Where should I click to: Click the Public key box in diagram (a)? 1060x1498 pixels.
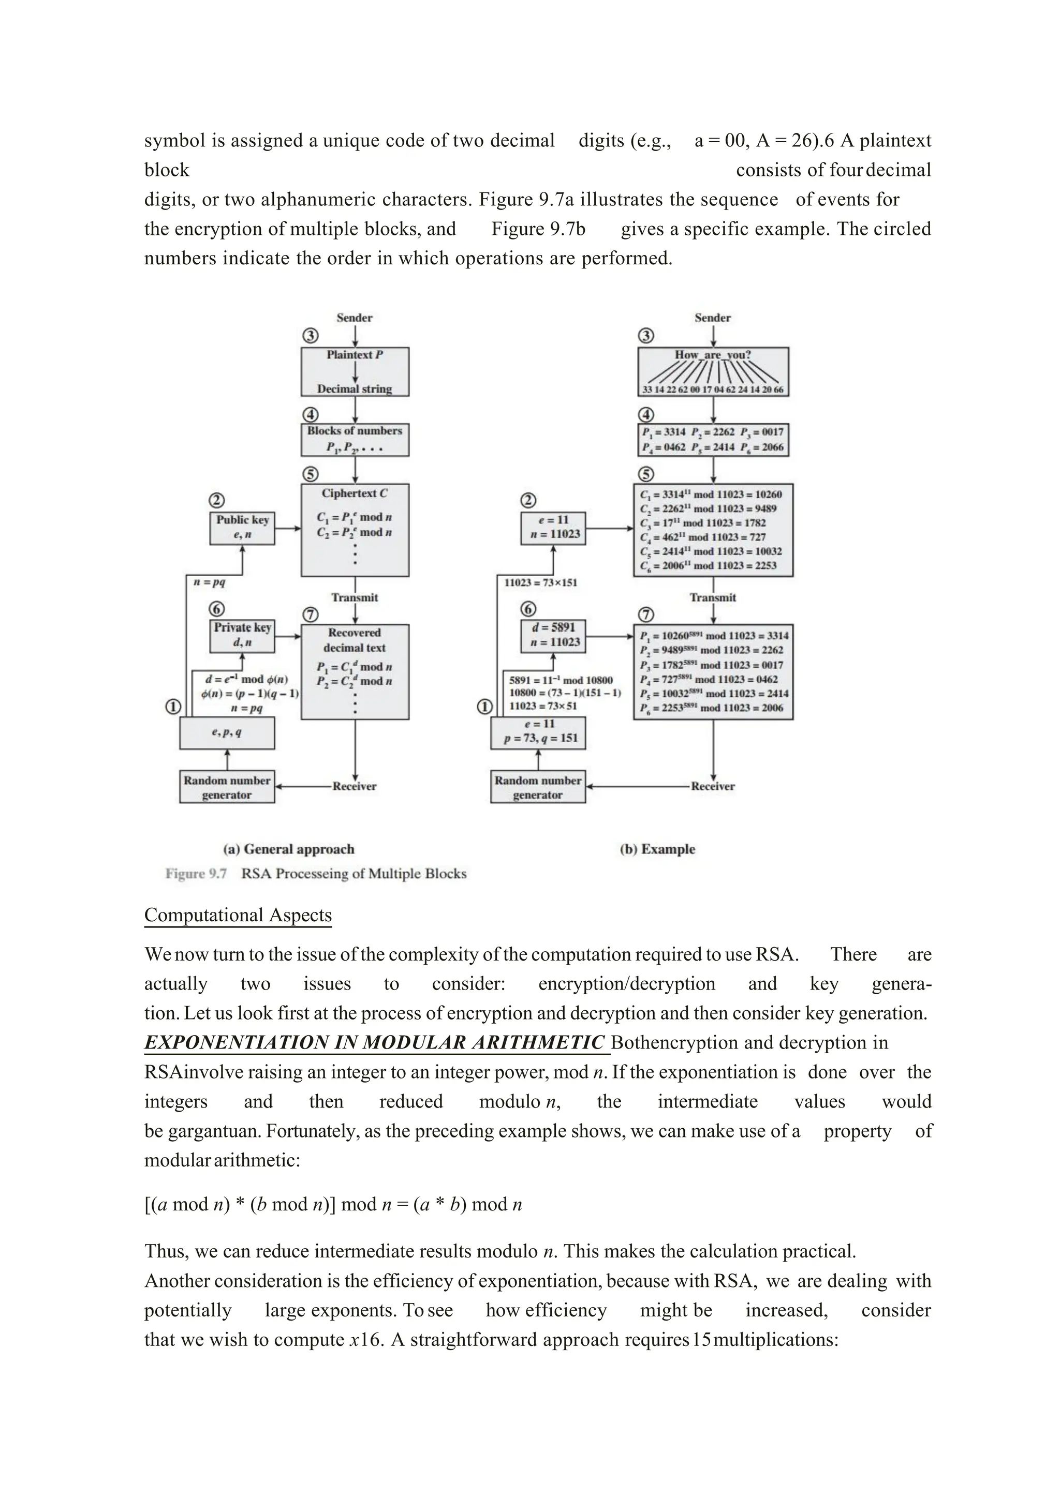click(x=242, y=527)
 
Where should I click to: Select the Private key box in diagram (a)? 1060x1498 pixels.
click(x=242, y=635)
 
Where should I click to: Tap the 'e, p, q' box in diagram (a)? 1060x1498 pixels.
click(x=227, y=732)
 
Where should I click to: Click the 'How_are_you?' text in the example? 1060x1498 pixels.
click(x=713, y=355)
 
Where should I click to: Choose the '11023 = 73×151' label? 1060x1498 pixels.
click(x=540, y=582)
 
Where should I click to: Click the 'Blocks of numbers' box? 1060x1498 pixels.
click(x=355, y=439)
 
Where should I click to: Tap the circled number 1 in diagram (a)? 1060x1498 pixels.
click(x=172, y=707)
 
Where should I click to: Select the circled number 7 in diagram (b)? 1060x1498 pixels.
click(x=645, y=615)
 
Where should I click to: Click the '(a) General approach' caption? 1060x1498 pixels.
click(x=288, y=849)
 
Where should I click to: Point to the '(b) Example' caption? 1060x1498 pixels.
click(x=657, y=849)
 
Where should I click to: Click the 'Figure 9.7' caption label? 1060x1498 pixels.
click(x=196, y=874)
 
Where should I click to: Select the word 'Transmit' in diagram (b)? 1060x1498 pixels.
click(x=713, y=597)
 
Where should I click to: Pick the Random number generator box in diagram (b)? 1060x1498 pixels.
click(x=538, y=787)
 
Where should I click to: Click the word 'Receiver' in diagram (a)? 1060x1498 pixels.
click(x=355, y=786)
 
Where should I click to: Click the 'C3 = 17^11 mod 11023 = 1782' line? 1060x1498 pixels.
click(x=703, y=522)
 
